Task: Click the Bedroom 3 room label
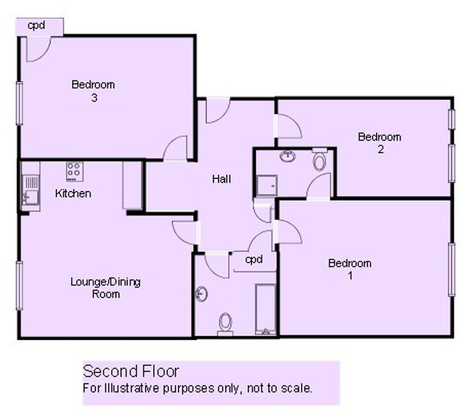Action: (93, 91)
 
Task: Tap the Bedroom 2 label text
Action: (379, 143)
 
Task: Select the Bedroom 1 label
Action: (350, 269)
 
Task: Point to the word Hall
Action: (221, 179)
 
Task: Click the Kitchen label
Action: (73, 193)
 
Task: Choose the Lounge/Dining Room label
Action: (105, 287)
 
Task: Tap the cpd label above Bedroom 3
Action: (36, 25)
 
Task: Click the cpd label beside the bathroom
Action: (254, 259)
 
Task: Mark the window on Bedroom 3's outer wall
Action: (19, 103)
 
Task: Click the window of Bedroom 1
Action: (451, 269)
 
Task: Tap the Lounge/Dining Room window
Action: (19, 285)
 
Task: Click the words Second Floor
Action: (131, 371)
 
